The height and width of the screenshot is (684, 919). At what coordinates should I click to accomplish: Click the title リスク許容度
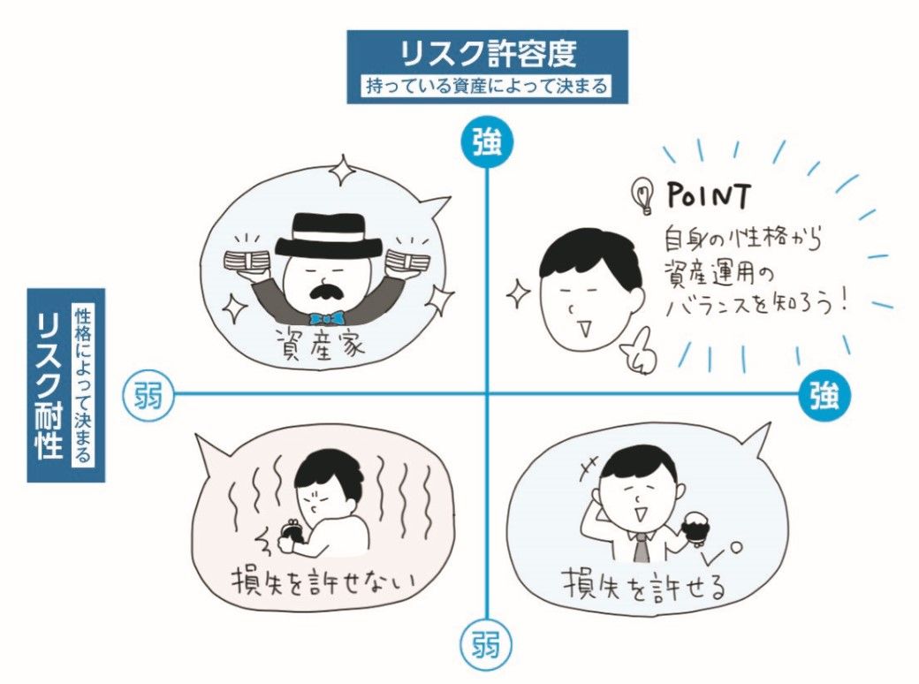coord(488,53)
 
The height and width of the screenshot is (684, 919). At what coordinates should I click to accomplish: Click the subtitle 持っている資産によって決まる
coord(487,87)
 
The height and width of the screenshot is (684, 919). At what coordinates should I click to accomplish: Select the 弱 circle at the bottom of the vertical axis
coord(486,645)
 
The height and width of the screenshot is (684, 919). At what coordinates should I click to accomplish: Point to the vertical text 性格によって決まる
coord(83,385)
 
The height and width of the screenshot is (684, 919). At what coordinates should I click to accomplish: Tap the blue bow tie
coord(328,318)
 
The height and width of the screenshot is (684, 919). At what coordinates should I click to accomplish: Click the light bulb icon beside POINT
coord(643,196)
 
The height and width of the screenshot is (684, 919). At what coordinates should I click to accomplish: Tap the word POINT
coord(709,196)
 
